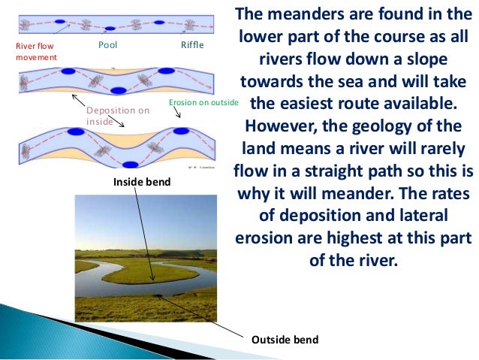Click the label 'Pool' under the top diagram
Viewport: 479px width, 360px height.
(x=108, y=46)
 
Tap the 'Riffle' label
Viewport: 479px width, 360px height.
(x=192, y=46)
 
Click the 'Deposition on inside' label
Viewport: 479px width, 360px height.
(x=118, y=115)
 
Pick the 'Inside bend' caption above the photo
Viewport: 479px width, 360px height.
(x=143, y=182)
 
